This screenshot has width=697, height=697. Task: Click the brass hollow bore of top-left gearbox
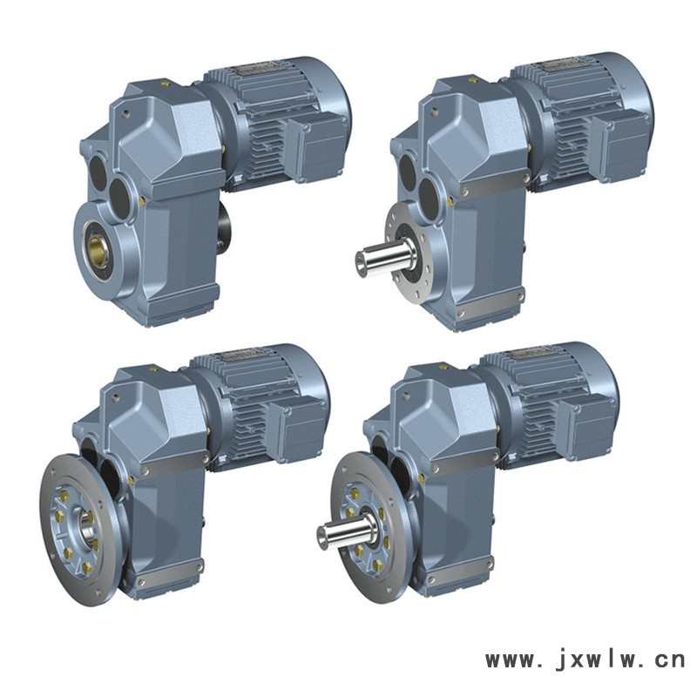coord(98,251)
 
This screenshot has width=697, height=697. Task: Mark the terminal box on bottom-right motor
coord(585,423)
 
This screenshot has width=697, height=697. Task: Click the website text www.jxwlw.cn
coord(585,660)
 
